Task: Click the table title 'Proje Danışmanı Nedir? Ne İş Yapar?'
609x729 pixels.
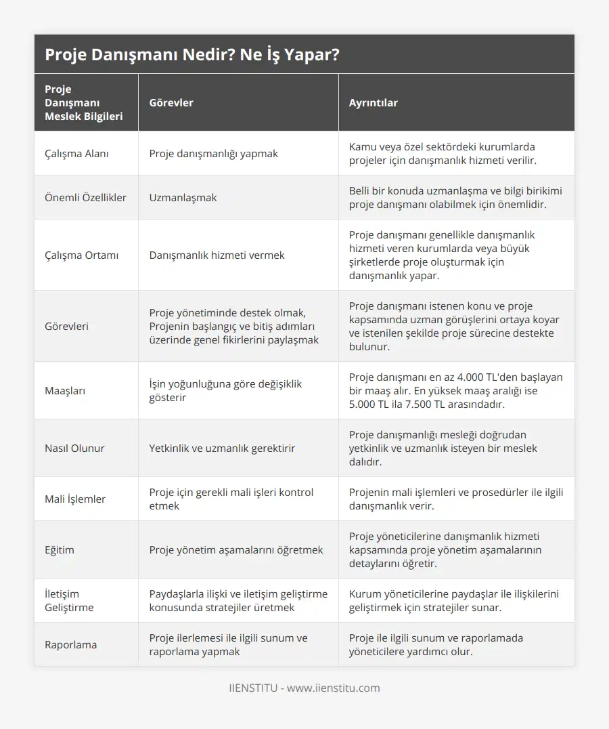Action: (191, 55)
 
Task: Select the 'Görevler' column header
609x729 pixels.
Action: (171, 103)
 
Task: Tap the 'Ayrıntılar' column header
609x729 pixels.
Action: (373, 103)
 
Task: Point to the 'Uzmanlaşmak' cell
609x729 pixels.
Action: (183, 197)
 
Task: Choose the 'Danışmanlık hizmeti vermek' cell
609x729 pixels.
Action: (217, 255)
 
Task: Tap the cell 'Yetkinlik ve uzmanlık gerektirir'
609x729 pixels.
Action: (222, 448)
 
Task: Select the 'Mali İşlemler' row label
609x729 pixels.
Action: (75, 499)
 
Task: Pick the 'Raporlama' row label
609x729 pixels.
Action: (70, 644)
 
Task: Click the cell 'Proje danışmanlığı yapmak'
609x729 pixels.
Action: (213, 153)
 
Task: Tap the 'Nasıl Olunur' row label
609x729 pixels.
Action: (74, 448)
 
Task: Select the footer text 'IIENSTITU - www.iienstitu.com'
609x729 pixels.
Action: (304, 688)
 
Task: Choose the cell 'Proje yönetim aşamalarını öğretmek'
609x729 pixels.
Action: (236, 549)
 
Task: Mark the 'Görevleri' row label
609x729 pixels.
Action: (66, 326)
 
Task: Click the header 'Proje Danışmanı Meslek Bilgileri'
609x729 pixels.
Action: (84, 103)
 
